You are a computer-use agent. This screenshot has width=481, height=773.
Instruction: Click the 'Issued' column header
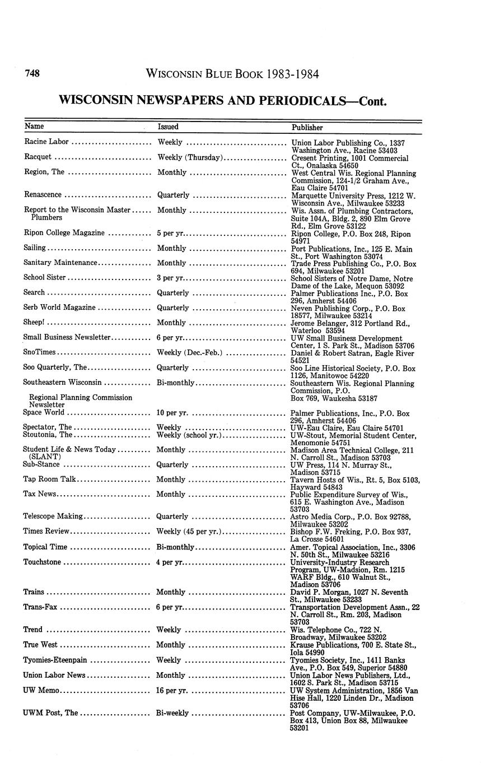point(168,127)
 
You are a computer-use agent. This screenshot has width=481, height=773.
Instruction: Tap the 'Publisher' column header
point(307,127)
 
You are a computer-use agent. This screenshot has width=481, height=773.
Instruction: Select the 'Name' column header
point(34,127)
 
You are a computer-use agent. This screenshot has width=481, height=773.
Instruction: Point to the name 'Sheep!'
point(34,322)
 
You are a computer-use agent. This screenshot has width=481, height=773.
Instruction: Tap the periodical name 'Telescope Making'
point(53,516)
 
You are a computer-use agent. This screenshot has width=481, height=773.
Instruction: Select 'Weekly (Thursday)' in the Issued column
point(190,157)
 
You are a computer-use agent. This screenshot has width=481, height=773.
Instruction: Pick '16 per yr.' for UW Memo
point(172,691)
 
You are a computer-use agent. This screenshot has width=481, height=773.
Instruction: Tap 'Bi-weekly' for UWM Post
point(172,713)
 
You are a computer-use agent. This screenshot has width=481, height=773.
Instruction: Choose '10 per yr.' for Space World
point(172,413)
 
